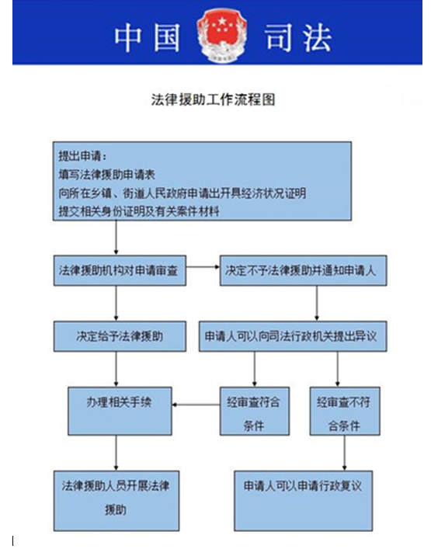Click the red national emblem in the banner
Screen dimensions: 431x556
(221, 36)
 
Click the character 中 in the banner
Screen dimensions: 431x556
(128, 37)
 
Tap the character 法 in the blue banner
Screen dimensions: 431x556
(317, 37)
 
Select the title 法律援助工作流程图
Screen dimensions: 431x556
(214, 99)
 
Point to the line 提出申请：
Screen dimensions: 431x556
(82, 156)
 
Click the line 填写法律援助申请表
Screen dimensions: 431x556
(107, 175)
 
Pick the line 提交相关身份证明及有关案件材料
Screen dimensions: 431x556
(139, 211)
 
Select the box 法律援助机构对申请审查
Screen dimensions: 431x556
(120, 270)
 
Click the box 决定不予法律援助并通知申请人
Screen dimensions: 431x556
(304, 270)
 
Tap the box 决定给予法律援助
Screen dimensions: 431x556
(120, 336)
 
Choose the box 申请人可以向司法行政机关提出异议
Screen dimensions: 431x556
(293, 336)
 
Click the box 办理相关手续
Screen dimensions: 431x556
(120, 411)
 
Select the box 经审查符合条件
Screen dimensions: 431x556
(255, 411)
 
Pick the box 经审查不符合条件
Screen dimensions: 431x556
(345, 411)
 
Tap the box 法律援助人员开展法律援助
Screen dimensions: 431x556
(116, 501)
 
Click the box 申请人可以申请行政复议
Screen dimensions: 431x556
(304, 501)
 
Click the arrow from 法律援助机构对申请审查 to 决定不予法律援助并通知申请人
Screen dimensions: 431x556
(203, 266)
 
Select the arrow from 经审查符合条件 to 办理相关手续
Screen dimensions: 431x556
(196, 405)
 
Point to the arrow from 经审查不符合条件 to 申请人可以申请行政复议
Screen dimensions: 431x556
(345, 453)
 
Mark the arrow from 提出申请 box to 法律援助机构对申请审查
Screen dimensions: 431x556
(116, 238)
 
